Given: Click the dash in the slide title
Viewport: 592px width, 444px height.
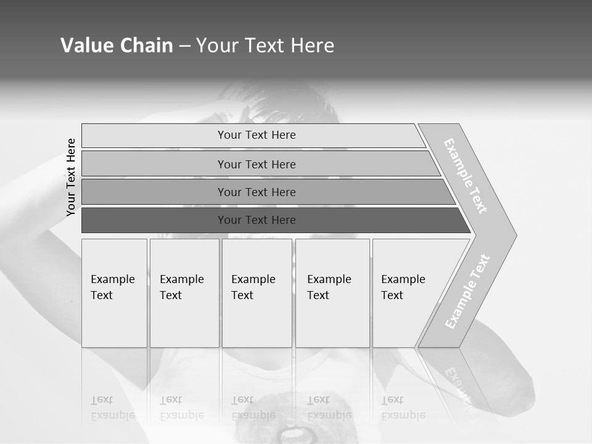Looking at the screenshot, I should pos(184,46).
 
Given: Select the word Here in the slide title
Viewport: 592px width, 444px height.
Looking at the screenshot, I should pos(312,45).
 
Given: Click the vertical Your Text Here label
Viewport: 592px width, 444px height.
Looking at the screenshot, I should pos(71,177).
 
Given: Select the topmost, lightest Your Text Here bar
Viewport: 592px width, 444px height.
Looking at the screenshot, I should pos(257,135).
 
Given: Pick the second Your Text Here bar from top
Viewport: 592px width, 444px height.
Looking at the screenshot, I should pos(257,164).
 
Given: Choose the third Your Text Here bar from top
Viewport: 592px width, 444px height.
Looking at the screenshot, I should pos(257,192).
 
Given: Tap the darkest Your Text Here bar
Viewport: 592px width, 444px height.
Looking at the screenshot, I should pos(257,220).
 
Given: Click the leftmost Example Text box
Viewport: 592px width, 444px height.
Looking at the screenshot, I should pos(114,293).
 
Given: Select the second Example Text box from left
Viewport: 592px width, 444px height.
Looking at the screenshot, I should pos(184,293).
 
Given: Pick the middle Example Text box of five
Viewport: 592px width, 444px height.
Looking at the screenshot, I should pos(257,293).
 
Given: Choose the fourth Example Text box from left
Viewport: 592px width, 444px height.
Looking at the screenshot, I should pos(332,293).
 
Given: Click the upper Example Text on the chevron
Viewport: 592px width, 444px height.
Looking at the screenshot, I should pos(466,176).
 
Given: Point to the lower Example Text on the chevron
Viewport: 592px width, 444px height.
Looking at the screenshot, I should pos(467,291).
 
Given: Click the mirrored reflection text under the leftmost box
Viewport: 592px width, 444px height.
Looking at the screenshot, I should pos(113,408).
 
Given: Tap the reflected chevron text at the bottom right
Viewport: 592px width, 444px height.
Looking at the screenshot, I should pos(459,382).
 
